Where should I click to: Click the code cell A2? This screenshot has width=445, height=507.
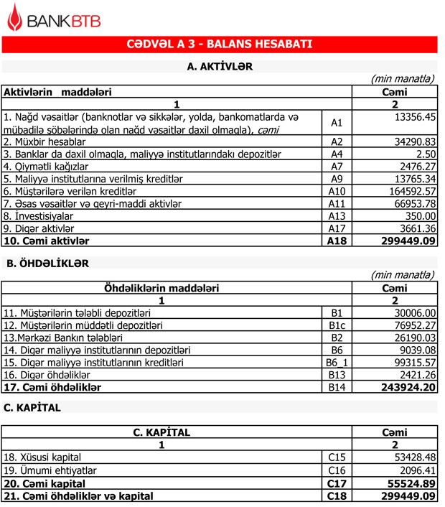337,141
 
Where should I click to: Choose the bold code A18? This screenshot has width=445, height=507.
337,241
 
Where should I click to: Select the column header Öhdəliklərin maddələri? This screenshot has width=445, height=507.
162,288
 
